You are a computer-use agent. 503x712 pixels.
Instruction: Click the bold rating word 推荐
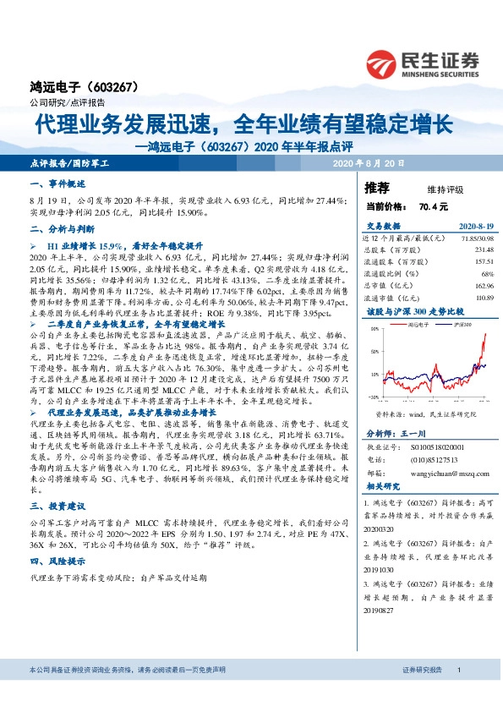pos(377,188)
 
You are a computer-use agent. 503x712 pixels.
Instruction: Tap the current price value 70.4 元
pos(433,206)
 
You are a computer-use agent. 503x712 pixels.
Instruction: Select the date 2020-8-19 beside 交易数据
pos(475,227)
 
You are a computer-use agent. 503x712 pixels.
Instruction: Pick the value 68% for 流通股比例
pos(487,274)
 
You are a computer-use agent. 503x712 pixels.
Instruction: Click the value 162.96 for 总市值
pos(483,286)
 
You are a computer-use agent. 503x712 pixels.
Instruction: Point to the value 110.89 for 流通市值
pos(483,298)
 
